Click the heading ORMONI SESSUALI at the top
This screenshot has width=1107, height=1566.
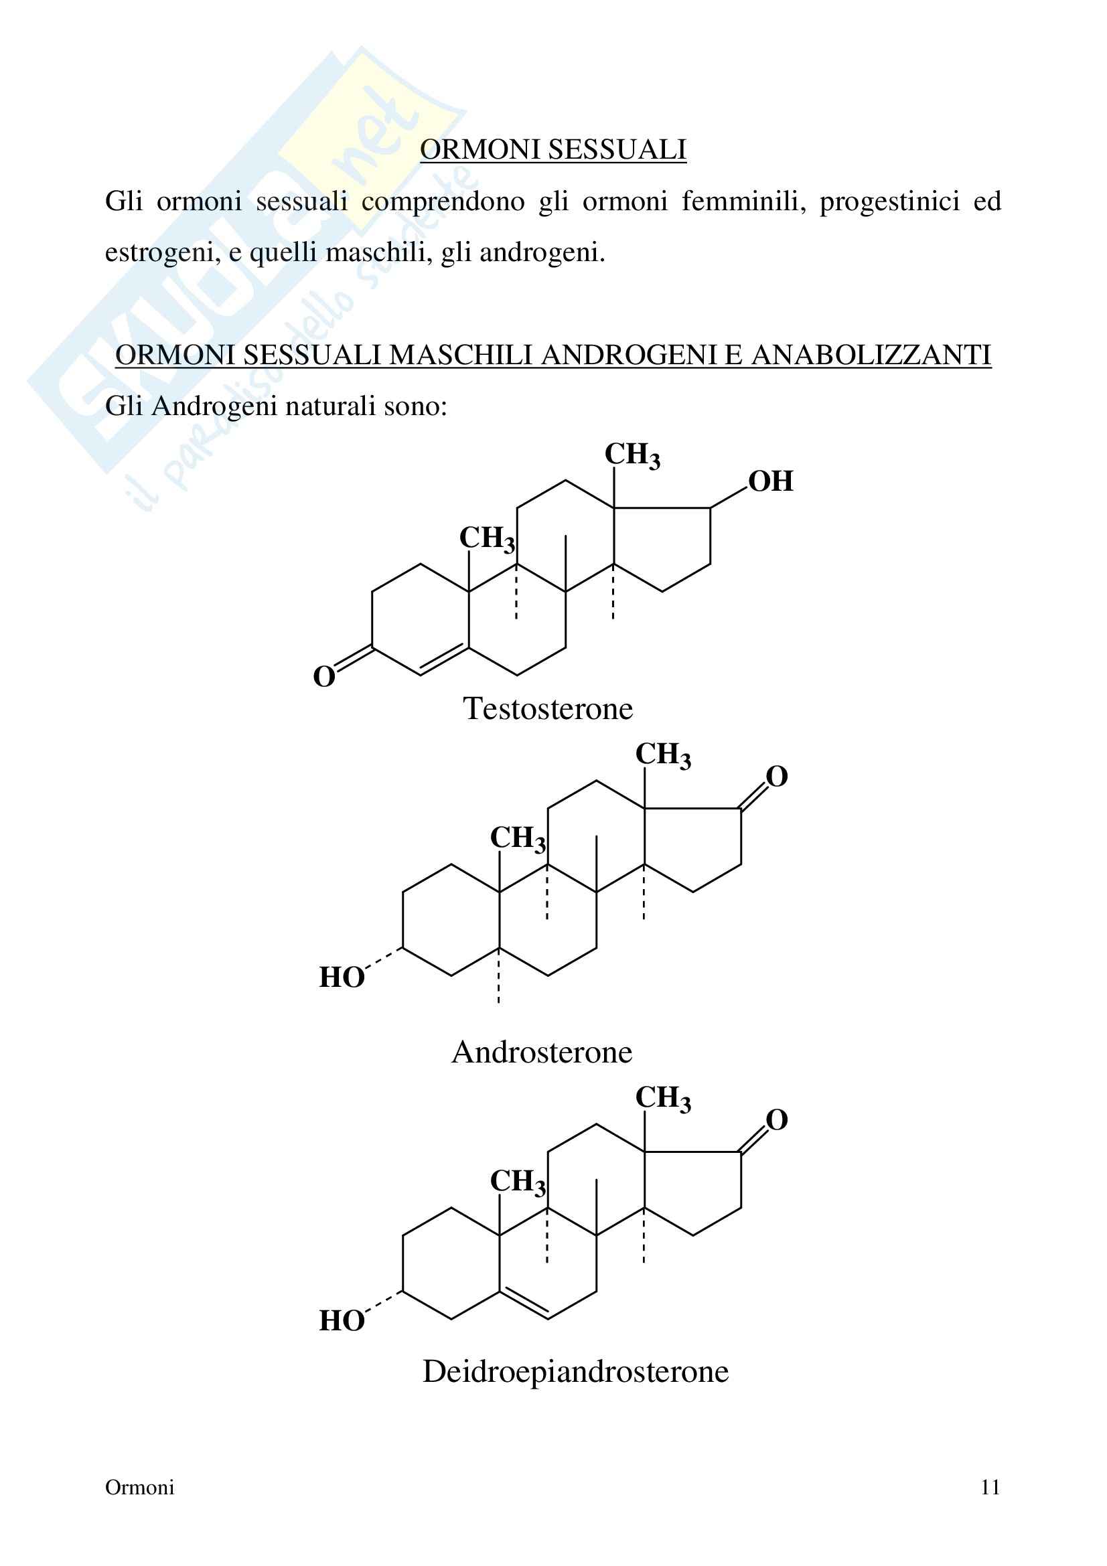click(552, 149)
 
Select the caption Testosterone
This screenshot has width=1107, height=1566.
click(548, 708)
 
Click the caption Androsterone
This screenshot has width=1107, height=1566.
click(542, 1052)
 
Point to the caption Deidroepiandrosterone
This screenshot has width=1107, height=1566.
click(575, 1371)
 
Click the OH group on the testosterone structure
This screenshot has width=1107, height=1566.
click(771, 481)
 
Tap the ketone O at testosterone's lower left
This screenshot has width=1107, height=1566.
click(324, 677)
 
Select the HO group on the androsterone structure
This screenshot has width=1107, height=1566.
click(342, 977)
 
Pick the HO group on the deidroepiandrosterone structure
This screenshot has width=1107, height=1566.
click(342, 1320)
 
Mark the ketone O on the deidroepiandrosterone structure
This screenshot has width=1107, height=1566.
click(776, 1119)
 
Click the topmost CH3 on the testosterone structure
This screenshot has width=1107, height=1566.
click(632, 455)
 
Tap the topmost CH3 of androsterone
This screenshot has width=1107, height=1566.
click(663, 755)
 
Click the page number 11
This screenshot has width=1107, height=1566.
click(990, 1488)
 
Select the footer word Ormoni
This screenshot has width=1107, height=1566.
click(140, 1488)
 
